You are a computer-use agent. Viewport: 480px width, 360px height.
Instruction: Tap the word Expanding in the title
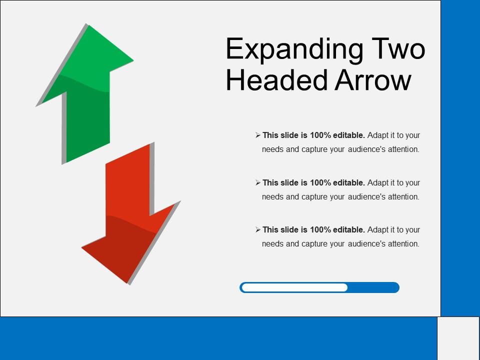[x=294, y=49]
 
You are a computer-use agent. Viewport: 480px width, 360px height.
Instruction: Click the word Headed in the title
[x=277, y=79]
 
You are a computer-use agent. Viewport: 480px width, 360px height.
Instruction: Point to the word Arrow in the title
[x=373, y=79]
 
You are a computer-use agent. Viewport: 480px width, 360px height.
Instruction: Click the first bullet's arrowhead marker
[x=258, y=135]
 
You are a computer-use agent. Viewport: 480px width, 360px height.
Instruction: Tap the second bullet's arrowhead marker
[x=258, y=182]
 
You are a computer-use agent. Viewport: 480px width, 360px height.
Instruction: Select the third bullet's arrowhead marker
[x=258, y=229]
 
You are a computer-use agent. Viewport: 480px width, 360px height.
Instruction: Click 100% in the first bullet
[x=320, y=135]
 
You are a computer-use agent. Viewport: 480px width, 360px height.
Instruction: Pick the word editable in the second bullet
[x=349, y=182]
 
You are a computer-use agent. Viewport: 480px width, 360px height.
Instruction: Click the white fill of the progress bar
[x=295, y=287]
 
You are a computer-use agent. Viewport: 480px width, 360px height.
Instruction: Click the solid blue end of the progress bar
[x=373, y=287]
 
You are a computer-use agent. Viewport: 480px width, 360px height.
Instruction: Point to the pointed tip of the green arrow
[x=87, y=24]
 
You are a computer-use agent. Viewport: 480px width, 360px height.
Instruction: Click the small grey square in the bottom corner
[x=458, y=338]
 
